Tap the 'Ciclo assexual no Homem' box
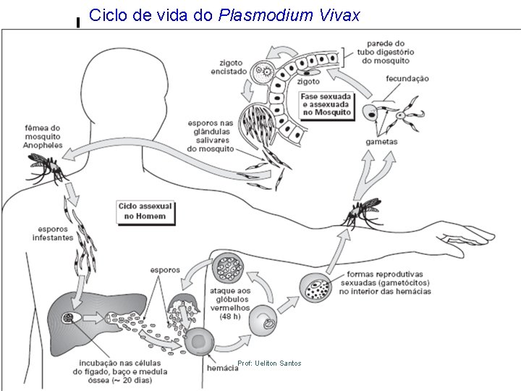(146, 211)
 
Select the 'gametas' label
(381, 142)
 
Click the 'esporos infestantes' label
(53, 233)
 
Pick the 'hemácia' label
(221, 369)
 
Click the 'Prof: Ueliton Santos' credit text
(269, 363)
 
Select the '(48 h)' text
(230, 316)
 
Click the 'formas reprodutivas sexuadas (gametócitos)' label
(389, 283)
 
